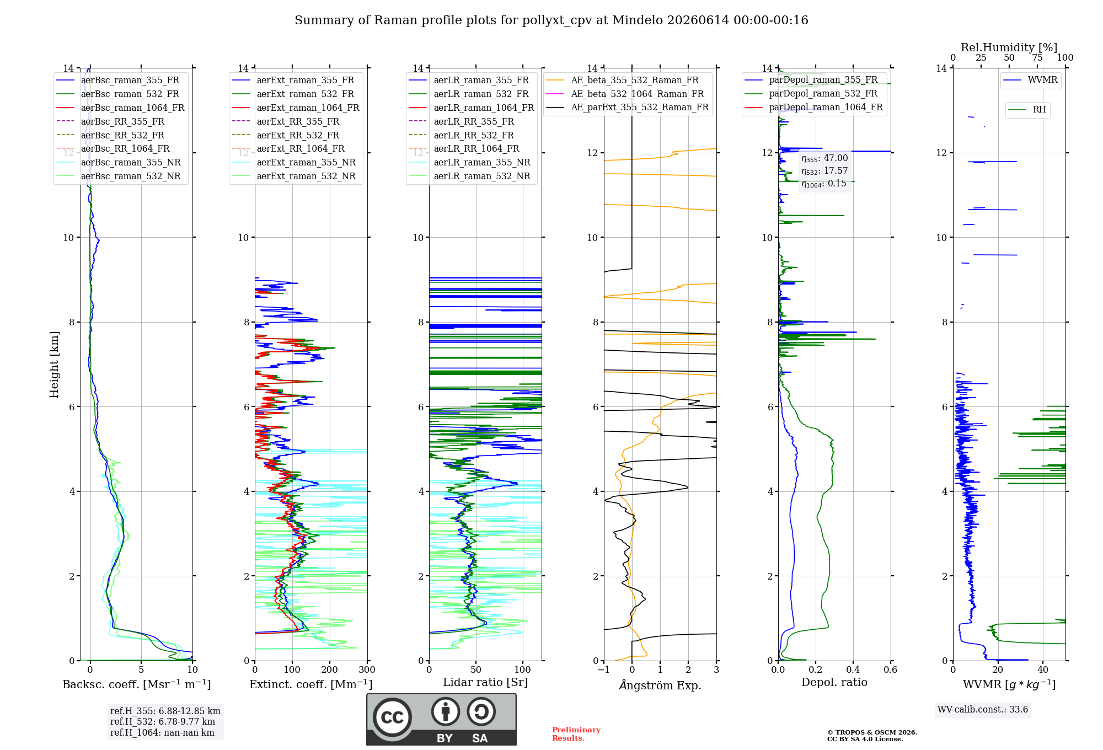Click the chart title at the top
551,20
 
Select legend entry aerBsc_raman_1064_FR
132,108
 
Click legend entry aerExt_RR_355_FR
298,121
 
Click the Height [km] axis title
54,365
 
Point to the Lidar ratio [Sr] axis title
485,682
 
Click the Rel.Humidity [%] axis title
1009,47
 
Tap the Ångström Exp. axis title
660,685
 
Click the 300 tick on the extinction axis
367,670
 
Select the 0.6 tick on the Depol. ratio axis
891,670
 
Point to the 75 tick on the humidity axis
1037,58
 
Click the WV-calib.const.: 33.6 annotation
983,710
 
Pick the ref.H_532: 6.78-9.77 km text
163,722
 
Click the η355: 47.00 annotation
824,158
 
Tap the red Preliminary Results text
576,734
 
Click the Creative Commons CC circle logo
392,717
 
